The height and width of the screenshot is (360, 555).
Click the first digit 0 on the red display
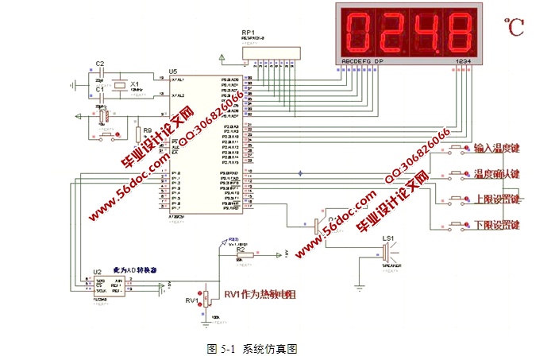pos(357,30)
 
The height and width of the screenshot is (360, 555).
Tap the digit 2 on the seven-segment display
pos(390,30)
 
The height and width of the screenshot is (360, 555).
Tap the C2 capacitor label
pos(99,63)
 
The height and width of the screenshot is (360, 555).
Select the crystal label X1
pos(134,83)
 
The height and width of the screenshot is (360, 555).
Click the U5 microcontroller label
pos(173,72)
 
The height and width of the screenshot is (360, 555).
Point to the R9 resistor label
pos(137,118)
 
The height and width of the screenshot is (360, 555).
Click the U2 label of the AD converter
pos(97,270)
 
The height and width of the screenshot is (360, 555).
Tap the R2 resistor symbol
pos(244,254)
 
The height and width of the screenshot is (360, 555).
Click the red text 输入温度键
pos(495,148)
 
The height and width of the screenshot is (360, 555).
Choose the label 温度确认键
pos(495,173)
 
